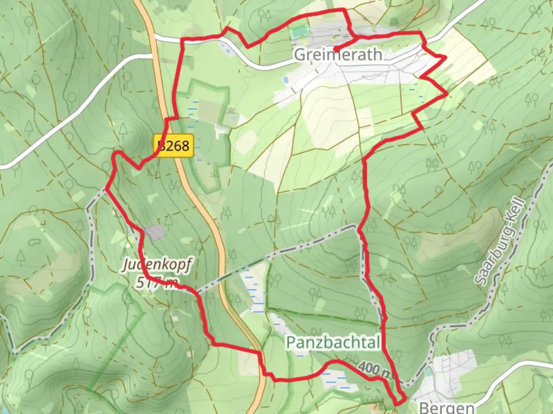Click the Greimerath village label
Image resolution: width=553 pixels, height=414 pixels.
click(x=338, y=55)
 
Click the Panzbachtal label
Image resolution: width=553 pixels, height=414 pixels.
click(x=333, y=342)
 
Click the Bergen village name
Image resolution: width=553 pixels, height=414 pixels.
click(x=446, y=407)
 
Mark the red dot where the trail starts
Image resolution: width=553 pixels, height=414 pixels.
click(x=336, y=49)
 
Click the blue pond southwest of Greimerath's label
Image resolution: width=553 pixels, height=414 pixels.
click(x=286, y=80)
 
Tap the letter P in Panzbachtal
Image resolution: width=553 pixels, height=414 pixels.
click(x=291, y=342)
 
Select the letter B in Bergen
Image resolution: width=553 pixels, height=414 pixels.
click(x=424, y=407)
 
